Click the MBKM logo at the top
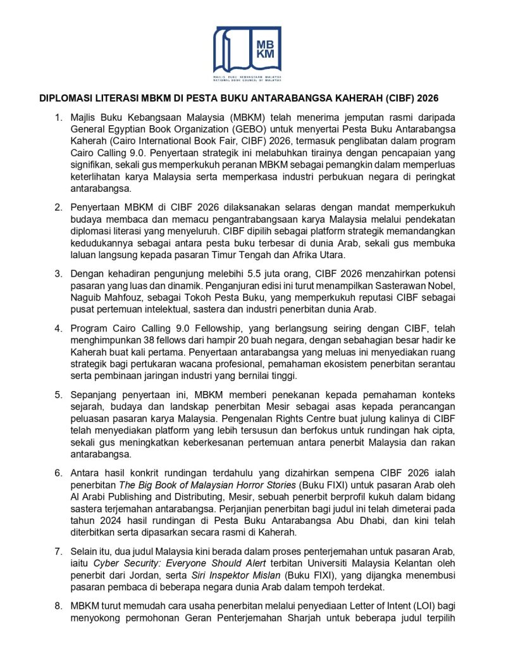[x=247, y=53]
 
